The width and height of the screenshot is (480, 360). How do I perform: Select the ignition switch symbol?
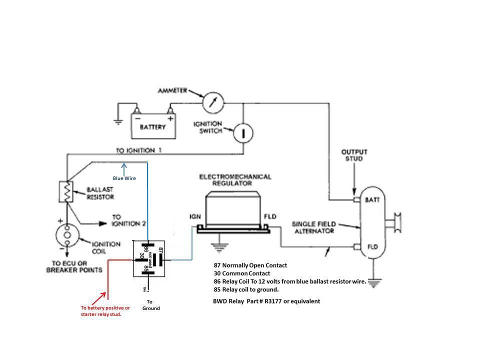pyautogui.click(x=242, y=132)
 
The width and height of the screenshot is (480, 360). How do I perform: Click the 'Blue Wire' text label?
pyautogui.click(x=124, y=178)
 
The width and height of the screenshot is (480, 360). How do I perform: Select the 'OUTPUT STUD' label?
pyautogui.click(x=354, y=155)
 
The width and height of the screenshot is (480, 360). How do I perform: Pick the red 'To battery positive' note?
pyautogui.click(x=105, y=310)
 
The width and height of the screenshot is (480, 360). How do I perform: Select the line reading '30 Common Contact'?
pyautogui.click(x=241, y=273)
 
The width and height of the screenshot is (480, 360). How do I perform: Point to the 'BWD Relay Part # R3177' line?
pyautogui.click(x=266, y=301)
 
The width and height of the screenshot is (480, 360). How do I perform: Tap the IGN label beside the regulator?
pyautogui.click(x=195, y=217)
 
